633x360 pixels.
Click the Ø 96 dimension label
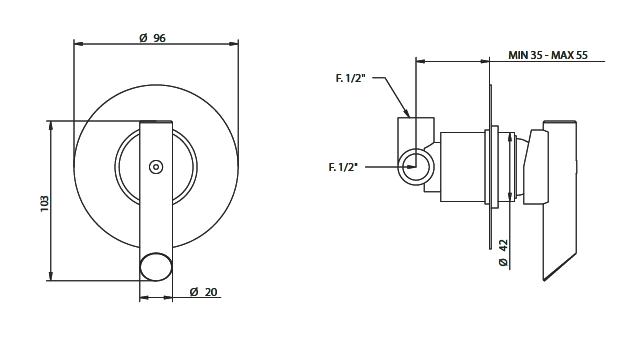[153, 38]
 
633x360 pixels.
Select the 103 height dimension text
[44, 203]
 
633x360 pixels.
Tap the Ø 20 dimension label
[203, 291]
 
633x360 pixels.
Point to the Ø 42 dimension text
[503, 253]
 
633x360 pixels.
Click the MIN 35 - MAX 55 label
[548, 55]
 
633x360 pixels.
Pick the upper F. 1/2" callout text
[350, 78]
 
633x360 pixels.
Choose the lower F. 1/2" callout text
[343, 166]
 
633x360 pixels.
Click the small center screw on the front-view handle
[156, 167]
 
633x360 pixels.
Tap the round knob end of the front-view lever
[156, 267]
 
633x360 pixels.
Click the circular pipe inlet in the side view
[416, 166]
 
